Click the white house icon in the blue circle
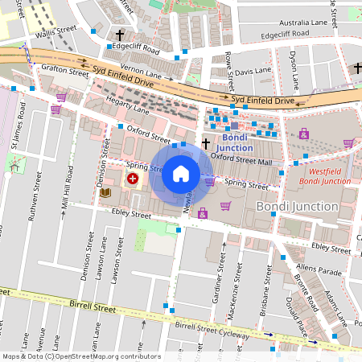click(x=181, y=174)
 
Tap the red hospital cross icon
click(x=131, y=179)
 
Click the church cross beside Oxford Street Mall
click(x=205, y=144)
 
